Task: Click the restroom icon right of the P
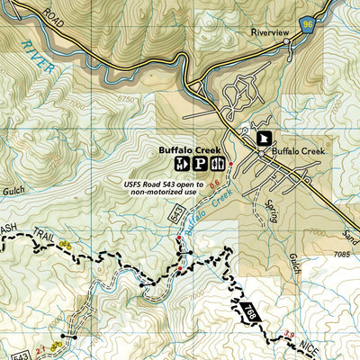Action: tap(219, 164)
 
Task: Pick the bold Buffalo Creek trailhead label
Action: tap(190, 149)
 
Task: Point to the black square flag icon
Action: tap(264, 138)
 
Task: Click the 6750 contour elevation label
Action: tap(149, 100)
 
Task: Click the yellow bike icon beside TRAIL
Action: tap(64, 244)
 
